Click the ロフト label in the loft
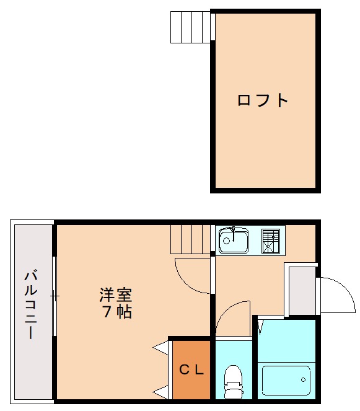click(263, 100)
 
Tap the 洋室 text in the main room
click(116, 294)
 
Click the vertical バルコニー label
click(29, 304)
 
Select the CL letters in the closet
click(191, 370)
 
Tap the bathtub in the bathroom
click(286, 379)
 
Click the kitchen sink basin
click(234, 241)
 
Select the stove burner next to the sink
click(270, 241)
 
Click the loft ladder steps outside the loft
click(191, 27)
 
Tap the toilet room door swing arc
click(234, 317)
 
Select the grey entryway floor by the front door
click(302, 289)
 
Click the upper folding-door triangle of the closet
click(162, 347)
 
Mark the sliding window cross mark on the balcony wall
click(55, 296)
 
